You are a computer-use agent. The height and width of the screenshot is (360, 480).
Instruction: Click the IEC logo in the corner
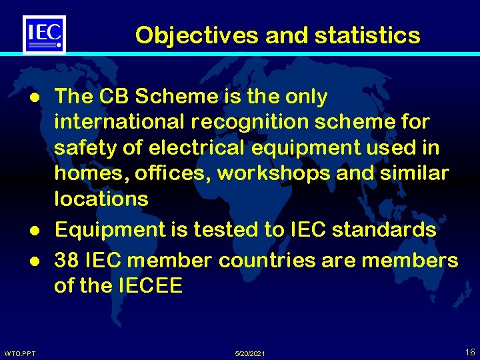pos(44,34)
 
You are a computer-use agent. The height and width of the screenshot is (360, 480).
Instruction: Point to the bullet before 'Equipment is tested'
pos(31,231)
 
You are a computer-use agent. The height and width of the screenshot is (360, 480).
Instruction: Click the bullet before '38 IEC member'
pos(31,261)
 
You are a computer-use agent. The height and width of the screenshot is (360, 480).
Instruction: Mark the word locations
pos(101,199)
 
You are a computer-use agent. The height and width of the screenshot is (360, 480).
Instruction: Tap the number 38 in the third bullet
pos(67,260)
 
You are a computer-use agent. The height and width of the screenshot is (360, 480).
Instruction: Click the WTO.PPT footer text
pos(19,353)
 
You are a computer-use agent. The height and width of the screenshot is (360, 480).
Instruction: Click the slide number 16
pos(470,351)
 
